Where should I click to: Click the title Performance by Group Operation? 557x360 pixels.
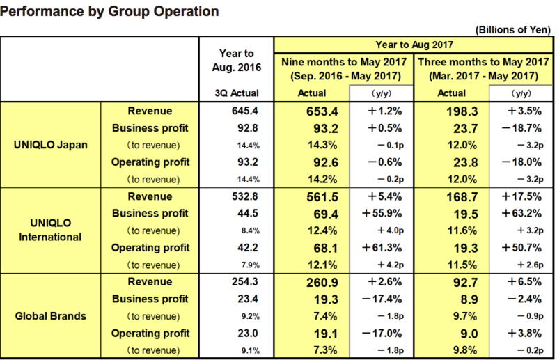click(x=111, y=12)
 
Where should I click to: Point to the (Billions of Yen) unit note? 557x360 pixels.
click(x=513, y=31)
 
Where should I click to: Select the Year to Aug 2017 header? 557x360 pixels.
click(x=415, y=44)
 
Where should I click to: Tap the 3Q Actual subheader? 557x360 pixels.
click(x=237, y=93)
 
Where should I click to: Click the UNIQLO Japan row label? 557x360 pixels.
click(x=51, y=146)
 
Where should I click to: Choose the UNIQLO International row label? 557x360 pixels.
click(x=51, y=230)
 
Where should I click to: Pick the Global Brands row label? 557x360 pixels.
click(x=51, y=315)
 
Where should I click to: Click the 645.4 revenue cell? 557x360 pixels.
click(x=237, y=111)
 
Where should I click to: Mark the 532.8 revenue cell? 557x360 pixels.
click(x=237, y=196)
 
